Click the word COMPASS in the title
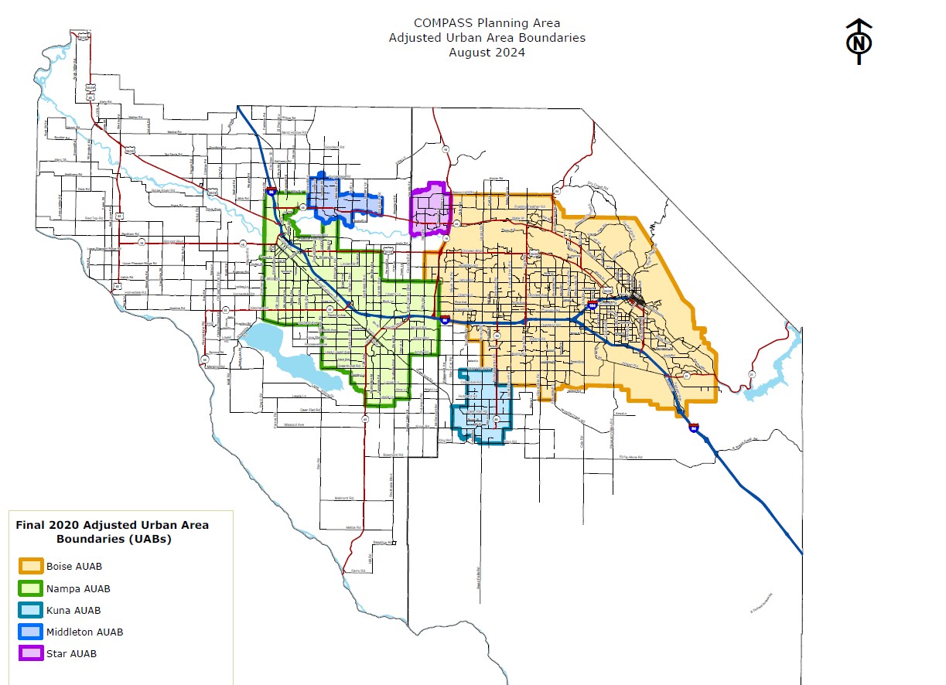(x=441, y=23)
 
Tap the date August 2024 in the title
(x=487, y=53)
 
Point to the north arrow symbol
(x=859, y=42)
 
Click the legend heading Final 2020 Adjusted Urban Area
(x=112, y=525)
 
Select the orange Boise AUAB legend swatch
(x=31, y=566)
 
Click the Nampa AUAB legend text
(x=78, y=588)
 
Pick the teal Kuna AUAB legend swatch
(x=31, y=610)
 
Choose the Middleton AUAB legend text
(x=84, y=632)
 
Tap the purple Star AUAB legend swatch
(x=31, y=653)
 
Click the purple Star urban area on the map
(x=430, y=209)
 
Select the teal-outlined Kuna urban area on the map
(x=483, y=406)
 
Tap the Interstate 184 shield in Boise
(x=592, y=306)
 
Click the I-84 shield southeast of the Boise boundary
(x=694, y=427)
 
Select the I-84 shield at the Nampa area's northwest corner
(x=271, y=190)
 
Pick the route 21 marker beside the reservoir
(x=751, y=374)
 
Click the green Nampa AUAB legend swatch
(x=31, y=588)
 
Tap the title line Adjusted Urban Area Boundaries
(x=487, y=38)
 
